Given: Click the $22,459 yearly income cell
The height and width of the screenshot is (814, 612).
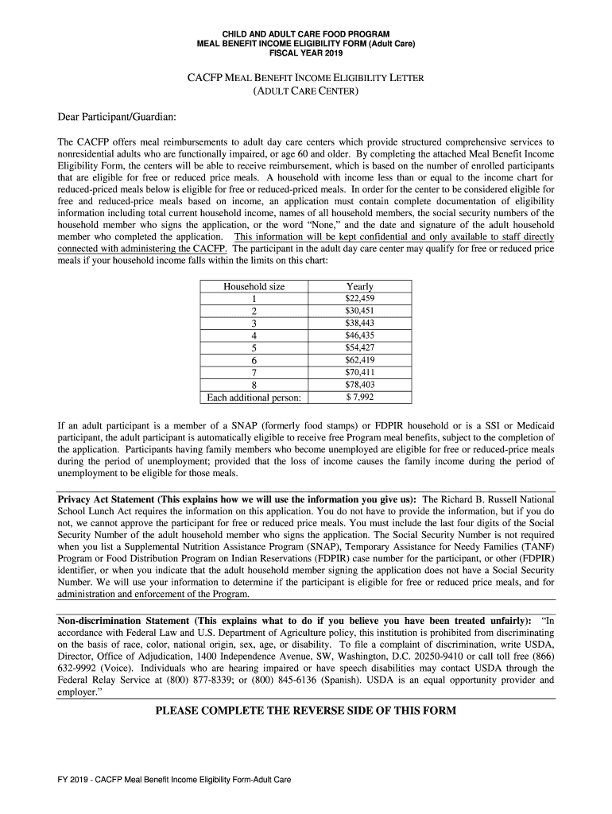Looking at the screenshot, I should (x=359, y=298).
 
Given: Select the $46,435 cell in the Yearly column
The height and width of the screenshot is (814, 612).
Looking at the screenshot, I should (x=359, y=335).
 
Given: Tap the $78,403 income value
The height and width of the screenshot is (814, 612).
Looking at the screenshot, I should (x=359, y=385).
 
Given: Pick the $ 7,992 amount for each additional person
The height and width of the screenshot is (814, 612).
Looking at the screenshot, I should (x=359, y=397).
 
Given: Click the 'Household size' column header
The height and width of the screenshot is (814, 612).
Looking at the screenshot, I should (x=254, y=286).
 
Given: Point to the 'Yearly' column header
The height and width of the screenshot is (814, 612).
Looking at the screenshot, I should (x=359, y=286).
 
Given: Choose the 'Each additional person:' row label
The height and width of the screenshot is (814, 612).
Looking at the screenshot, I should (x=254, y=397).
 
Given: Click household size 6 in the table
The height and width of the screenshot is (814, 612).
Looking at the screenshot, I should (x=254, y=360).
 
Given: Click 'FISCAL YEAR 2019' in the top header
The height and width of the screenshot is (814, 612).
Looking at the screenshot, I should (x=305, y=52).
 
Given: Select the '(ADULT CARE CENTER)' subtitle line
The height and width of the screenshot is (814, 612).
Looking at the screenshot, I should (x=305, y=92).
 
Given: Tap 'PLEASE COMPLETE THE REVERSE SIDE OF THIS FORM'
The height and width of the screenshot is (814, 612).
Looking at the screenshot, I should (x=305, y=710).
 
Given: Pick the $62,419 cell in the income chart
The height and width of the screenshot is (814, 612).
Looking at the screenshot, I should (x=359, y=360).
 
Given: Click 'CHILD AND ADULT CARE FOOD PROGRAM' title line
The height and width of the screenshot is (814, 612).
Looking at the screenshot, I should (x=305, y=33).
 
